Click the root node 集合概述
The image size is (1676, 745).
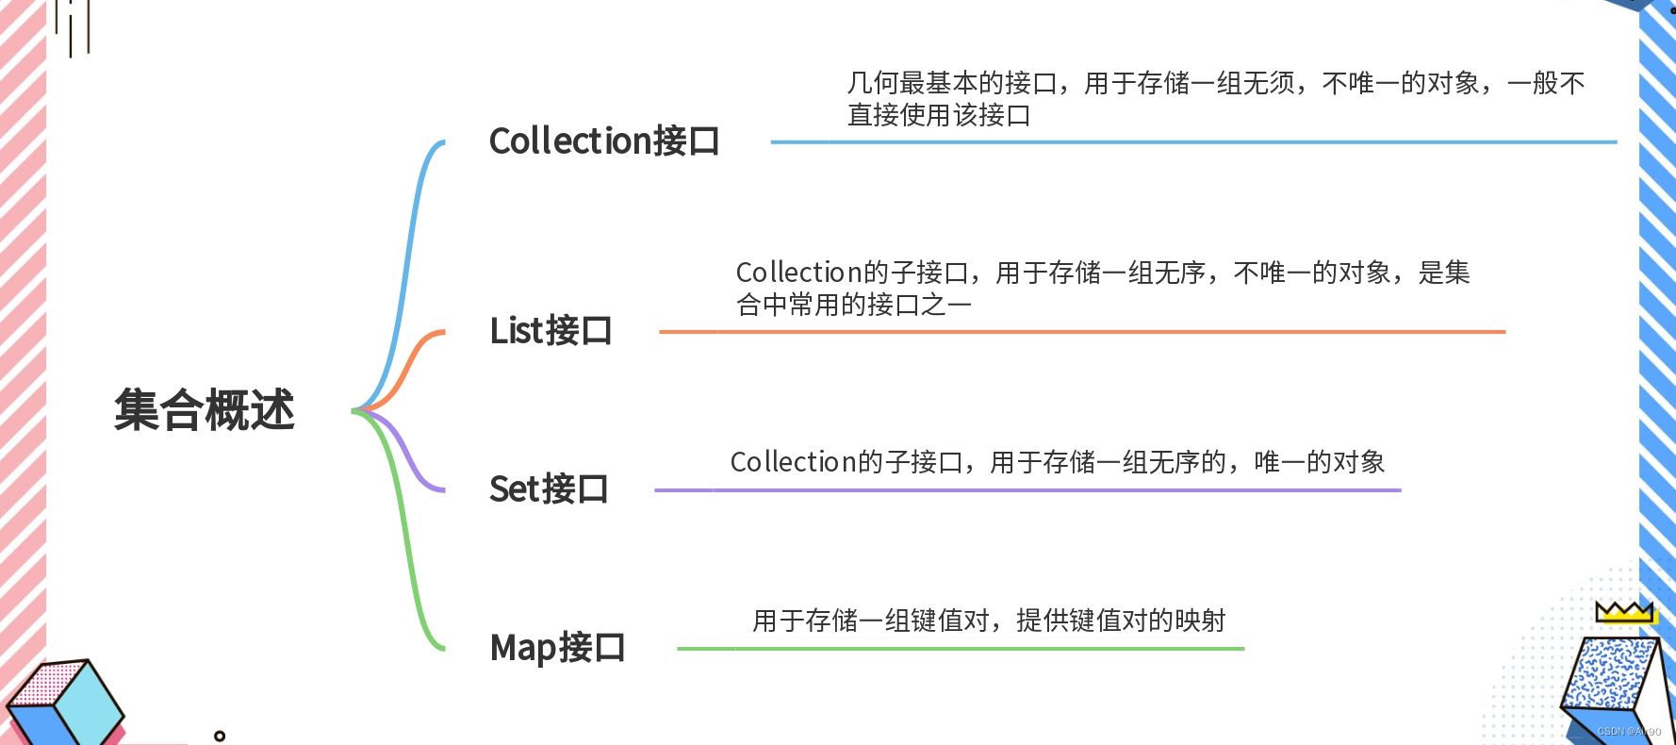205,410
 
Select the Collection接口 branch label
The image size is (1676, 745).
604,141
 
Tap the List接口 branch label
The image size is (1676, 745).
550,331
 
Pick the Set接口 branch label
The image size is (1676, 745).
549,489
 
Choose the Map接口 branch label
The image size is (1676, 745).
557,648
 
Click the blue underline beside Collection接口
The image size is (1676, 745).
1193,142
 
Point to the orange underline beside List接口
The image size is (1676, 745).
1082,332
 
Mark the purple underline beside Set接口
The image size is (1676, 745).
1027,490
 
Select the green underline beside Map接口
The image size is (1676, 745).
961,649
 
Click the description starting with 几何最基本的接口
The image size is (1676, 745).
1216,84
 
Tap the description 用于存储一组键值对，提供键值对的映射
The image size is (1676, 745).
989,621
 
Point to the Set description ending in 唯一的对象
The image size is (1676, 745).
1057,462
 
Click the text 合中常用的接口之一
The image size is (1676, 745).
854,305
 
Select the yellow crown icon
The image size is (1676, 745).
1624,612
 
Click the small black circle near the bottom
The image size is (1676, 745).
220,736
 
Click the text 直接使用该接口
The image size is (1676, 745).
939,115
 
